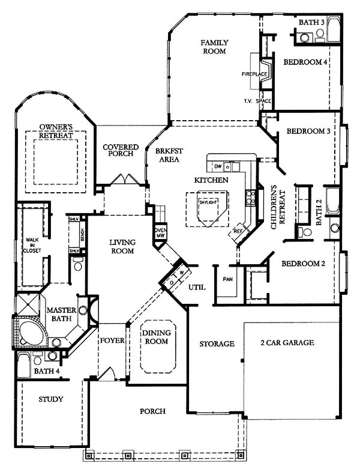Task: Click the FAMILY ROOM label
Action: click(214, 47)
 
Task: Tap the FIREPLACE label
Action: click(254, 74)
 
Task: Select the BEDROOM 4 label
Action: click(305, 62)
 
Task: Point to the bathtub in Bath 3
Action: click(334, 30)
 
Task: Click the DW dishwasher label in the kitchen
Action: click(218, 166)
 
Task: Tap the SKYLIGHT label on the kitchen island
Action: click(208, 202)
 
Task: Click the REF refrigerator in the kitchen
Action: click(238, 232)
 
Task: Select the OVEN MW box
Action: click(160, 233)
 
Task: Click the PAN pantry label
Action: click(227, 279)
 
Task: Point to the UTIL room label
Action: click(197, 287)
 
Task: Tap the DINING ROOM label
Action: click(157, 337)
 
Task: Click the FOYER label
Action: click(112, 340)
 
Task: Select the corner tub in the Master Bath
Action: click(31, 333)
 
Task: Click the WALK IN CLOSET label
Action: click(33, 245)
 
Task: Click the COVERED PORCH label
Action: click(121, 150)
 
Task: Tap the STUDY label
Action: click(51, 399)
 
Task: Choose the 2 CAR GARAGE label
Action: click(287, 342)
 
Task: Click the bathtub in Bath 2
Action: click(332, 201)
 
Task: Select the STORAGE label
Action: click(217, 343)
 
